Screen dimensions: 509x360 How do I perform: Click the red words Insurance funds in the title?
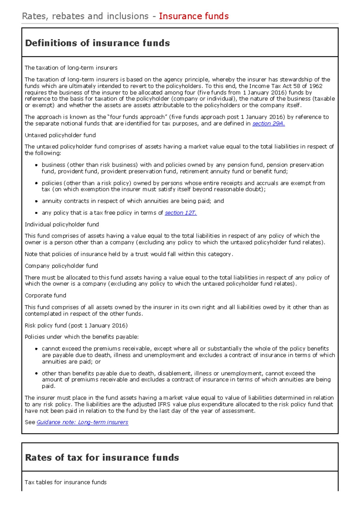tap(194, 16)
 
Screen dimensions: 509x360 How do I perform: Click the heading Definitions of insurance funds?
tap(97, 43)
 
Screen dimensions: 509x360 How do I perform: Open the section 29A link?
tap(268, 124)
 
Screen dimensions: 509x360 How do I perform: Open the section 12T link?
tap(181, 213)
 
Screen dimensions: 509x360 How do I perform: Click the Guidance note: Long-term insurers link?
tap(82, 422)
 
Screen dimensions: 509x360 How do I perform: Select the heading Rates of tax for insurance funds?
tap(102, 458)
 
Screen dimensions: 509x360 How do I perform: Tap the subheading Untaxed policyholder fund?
tap(60, 135)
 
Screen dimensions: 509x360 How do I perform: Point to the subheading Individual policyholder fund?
tap(62, 225)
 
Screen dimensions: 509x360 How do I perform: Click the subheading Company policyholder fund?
tap(61, 266)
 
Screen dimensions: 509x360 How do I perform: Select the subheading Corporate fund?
tap(45, 296)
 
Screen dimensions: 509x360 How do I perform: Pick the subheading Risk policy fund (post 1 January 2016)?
tap(76, 326)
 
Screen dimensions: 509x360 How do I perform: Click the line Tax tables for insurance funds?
tap(66, 482)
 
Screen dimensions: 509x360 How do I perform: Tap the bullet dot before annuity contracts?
tap(36, 201)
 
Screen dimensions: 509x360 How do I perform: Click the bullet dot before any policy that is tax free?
tap(36, 213)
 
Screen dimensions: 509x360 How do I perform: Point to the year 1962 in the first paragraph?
tap(316, 86)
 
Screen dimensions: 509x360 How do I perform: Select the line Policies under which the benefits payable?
tap(82, 337)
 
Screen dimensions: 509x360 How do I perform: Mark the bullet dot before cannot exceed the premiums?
tap(36, 349)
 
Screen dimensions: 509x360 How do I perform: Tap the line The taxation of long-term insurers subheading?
tap(71, 68)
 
